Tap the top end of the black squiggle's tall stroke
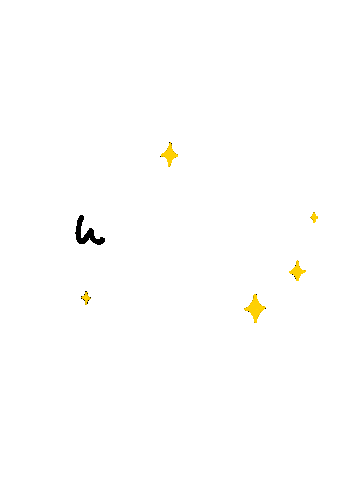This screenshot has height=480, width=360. [81, 217]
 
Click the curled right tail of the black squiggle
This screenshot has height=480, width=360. [101, 240]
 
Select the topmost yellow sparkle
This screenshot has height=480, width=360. [169, 155]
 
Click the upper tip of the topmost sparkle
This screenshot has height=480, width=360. [170, 143]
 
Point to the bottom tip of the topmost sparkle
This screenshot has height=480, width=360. [169, 166]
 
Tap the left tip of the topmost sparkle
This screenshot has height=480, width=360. [161, 156]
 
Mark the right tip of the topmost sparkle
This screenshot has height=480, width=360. [178, 155]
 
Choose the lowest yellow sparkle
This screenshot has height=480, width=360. [255, 309]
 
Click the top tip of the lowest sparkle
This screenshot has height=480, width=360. [256, 295]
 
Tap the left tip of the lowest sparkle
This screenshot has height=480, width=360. [245, 309]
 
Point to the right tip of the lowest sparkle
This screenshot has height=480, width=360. [265, 308]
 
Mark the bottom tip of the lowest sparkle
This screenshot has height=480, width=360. [255, 322]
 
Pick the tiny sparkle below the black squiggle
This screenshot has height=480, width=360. [86, 298]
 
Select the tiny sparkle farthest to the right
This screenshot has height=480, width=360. [314, 217]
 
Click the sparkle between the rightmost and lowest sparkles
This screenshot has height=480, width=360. [297, 271]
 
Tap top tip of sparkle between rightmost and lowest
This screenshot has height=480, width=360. [298, 261]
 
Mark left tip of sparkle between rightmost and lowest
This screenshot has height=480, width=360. [289, 272]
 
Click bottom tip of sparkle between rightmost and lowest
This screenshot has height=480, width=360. [297, 281]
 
